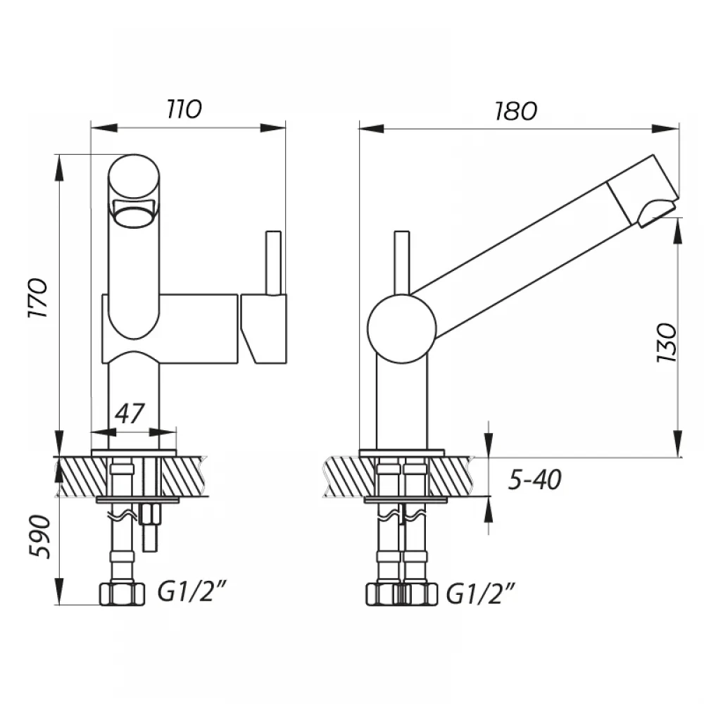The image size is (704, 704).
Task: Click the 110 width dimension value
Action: point(184,109)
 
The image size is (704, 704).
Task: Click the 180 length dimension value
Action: point(515,111)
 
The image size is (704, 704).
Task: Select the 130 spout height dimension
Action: point(666,343)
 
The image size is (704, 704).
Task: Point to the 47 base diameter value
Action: point(130,413)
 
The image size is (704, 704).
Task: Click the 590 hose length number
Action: point(39,536)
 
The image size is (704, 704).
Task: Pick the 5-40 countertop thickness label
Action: point(535,479)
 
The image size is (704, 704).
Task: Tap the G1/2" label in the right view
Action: point(480,593)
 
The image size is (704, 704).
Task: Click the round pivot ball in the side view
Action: point(402,329)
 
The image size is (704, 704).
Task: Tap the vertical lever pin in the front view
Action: point(273,263)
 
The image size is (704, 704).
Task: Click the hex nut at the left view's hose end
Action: point(122,593)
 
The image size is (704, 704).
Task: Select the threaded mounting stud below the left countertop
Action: point(150,527)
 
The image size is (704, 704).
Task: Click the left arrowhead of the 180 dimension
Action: point(371,128)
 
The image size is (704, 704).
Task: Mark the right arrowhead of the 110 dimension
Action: point(273,128)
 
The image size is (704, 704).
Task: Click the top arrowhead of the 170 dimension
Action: point(59,168)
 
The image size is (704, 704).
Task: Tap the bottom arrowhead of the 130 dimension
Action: point(678,444)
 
